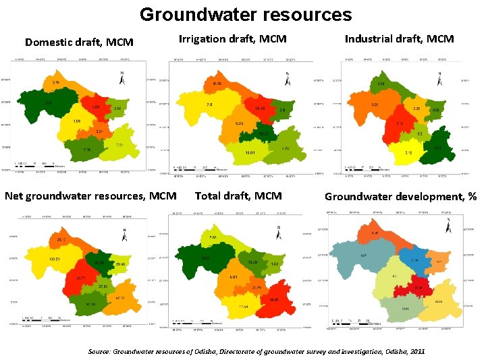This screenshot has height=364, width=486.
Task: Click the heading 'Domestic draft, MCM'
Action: [79, 42]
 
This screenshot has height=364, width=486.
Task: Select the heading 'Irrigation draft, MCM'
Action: [232, 39]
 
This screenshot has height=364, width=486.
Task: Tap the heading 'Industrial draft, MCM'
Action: [399, 39]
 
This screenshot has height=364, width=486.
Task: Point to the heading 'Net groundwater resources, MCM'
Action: [90, 196]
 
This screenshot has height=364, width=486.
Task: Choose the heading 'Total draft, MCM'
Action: [238, 196]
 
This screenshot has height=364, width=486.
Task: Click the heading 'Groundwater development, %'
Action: [400, 197]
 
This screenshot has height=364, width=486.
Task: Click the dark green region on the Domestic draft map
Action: [44, 108]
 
